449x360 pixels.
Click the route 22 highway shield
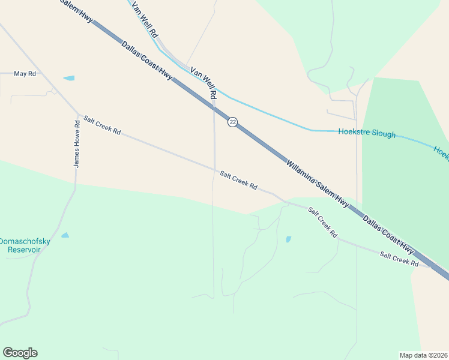(x=233, y=122)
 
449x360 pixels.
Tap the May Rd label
(x=25, y=74)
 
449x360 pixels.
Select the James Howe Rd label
(x=77, y=144)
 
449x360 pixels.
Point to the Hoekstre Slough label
(x=367, y=133)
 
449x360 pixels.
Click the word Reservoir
(x=24, y=250)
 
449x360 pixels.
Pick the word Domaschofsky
(x=25, y=241)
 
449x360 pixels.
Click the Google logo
(x=20, y=353)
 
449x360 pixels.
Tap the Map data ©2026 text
(x=424, y=355)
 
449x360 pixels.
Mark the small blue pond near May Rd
(x=68, y=78)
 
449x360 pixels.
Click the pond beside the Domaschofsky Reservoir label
(x=65, y=235)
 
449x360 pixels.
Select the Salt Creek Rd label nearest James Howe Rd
(x=102, y=125)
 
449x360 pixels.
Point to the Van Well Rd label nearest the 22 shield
(x=203, y=83)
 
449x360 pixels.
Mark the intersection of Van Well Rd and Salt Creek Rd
(x=214, y=170)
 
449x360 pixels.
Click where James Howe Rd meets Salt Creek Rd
(x=77, y=113)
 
